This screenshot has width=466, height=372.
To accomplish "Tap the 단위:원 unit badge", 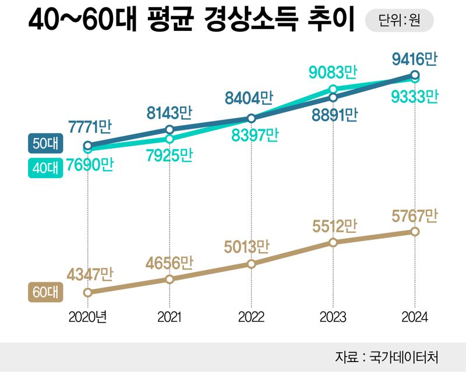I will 399,22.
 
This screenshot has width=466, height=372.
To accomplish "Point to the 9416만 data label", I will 414,59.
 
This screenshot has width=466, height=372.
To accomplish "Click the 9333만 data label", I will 414,95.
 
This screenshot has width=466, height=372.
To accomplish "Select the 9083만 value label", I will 333,72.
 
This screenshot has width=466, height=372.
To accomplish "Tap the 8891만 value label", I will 333,114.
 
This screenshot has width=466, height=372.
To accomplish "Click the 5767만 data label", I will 414,217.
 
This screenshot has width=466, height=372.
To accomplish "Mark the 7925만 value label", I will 170,156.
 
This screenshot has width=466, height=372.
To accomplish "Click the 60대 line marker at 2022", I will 251,264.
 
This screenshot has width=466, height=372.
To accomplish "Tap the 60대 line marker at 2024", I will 415,232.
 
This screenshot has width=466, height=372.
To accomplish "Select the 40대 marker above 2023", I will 333,89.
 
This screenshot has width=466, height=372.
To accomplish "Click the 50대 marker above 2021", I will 170,129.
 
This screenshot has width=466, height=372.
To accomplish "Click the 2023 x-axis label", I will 333,317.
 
